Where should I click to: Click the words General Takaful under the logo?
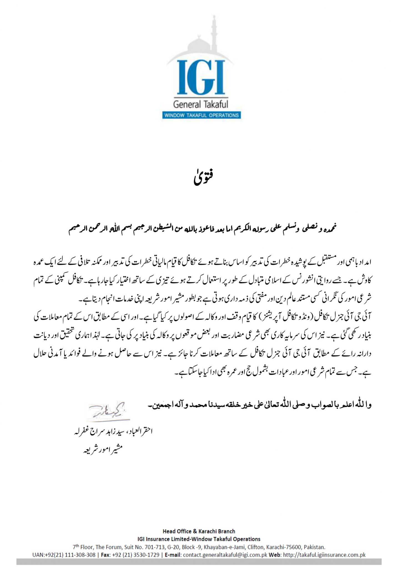click(200, 105)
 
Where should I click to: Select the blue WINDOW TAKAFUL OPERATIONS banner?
click(201, 115)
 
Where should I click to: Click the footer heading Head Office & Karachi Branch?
click(199, 531)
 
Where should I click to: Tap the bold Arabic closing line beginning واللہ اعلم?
click(260, 405)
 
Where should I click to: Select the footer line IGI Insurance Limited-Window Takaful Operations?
click(199, 539)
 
